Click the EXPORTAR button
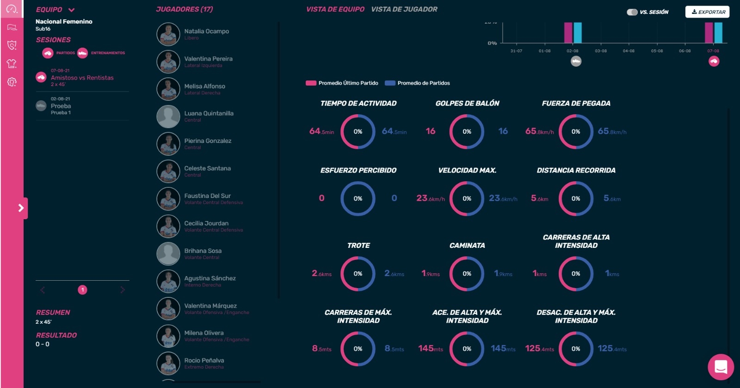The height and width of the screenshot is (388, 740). tap(707, 12)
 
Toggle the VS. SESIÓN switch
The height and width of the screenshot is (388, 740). tap(632, 12)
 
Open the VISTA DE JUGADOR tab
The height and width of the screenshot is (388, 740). tap(404, 9)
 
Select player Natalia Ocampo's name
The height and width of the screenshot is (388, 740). tap(206, 31)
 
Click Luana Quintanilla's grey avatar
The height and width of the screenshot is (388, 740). tap(168, 117)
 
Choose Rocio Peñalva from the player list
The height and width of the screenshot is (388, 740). tap(204, 361)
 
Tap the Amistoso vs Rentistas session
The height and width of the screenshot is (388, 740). tap(82, 78)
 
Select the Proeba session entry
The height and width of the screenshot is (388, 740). tap(61, 106)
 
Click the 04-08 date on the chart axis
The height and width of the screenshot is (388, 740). tap(629, 51)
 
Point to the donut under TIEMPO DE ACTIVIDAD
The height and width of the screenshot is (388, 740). tap(358, 132)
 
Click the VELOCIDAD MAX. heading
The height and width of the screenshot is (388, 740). tap(467, 170)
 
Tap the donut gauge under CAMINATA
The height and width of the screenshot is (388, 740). tap(467, 274)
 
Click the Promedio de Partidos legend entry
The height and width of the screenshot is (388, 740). tap(423, 83)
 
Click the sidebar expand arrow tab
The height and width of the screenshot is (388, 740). tap(21, 208)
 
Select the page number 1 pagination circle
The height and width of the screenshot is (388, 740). tap(82, 290)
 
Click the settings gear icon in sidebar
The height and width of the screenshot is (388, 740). tap(12, 82)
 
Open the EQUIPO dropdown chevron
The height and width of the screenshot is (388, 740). tap(72, 10)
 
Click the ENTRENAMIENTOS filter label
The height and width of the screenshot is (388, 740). tap(108, 53)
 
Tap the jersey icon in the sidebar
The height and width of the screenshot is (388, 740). tap(12, 63)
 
